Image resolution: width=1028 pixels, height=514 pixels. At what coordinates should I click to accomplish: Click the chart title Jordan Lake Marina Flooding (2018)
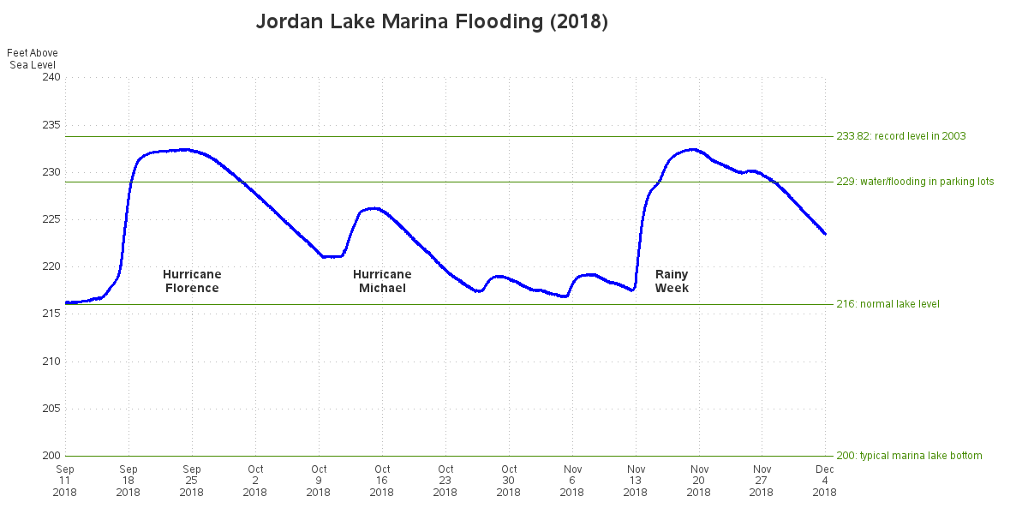click(432, 22)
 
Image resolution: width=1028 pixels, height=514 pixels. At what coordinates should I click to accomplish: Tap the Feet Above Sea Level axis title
click(33, 59)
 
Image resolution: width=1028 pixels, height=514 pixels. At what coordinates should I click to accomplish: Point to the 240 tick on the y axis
click(51, 77)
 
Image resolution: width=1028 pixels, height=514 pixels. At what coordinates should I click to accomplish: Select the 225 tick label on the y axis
click(51, 219)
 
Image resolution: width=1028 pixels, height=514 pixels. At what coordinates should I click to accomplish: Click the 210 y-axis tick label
click(51, 361)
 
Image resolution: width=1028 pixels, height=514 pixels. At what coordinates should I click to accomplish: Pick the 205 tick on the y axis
click(51, 409)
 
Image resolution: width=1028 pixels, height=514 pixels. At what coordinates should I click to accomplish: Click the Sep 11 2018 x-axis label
click(65, 481)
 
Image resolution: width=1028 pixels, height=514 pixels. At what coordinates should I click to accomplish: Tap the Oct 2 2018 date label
click(255, 481)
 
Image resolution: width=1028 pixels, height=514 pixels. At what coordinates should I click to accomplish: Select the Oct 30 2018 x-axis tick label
click(509, 481)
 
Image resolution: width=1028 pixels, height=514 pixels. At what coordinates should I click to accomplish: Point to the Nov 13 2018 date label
click(636, 481)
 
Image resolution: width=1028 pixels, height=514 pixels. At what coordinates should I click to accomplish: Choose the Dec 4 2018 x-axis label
click(825, 481)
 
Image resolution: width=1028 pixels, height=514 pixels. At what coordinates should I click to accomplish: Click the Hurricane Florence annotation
click(192, 281)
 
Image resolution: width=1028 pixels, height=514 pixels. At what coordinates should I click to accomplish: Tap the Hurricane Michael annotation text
click(382, 281)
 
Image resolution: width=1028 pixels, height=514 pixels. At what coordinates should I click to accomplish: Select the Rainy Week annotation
click(672, 281)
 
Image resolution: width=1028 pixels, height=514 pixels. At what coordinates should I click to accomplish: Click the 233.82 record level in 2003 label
click(900, 136)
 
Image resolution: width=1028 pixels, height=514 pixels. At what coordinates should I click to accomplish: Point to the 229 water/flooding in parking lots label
click(915, 182)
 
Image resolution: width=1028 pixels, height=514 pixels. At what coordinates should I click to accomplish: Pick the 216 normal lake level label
click(888, 304)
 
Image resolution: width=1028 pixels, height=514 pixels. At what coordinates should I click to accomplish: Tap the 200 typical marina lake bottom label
click(909, 456)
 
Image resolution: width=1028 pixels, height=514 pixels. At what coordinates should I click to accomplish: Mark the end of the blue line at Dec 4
click(825, 234)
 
